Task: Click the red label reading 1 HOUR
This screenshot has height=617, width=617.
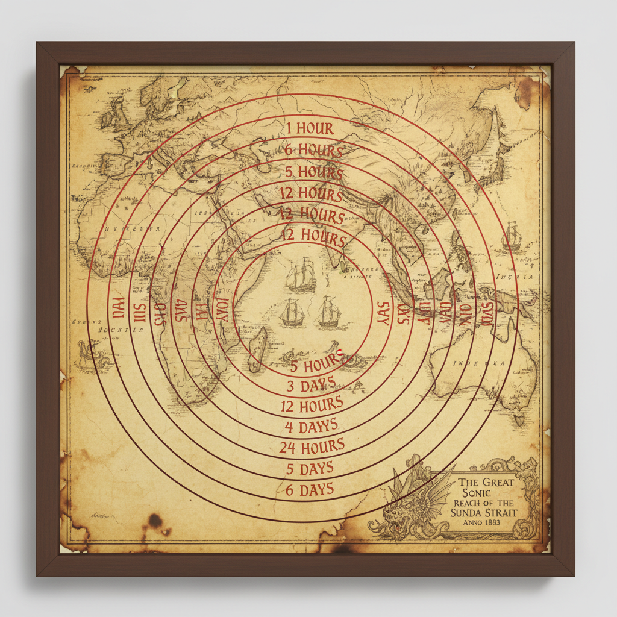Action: pos(309,128)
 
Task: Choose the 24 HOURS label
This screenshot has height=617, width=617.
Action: pos(312,447)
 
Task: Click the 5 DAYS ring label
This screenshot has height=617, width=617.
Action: pos(309,468)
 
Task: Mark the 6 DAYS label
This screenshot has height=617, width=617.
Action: pos(309,489)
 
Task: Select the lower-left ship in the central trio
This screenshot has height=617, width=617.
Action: pos(292,313)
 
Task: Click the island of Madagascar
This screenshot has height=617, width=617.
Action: pos(257,349)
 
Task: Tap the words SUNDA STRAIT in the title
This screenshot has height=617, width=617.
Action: pos(483,513)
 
